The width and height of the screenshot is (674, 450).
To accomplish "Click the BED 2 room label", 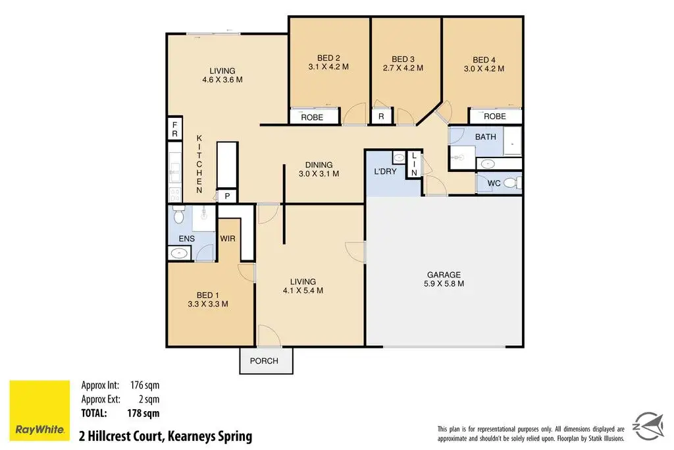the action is pos(328,57).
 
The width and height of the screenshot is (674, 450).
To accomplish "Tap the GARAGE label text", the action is pos(444,275).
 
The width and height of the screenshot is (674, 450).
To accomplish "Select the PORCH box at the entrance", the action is pos(266,360).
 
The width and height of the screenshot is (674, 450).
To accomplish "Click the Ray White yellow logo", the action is pos(39,410).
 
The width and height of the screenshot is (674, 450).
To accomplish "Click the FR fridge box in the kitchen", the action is pos(175,128).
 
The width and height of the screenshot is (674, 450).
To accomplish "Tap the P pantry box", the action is pos(227,196).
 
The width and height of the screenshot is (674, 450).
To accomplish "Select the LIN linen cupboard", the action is pos(414,164).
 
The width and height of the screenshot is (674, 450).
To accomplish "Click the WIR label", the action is pos(227,239).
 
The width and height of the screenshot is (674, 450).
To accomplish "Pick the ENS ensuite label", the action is pos(186,239).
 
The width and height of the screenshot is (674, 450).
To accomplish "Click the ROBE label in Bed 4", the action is pos(495,116).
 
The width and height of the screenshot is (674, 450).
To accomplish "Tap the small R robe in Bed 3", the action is pos(381,117).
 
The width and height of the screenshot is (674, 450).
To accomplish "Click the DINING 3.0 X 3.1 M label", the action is pos(319,169).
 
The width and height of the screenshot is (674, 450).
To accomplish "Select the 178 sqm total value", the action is pos(143,413).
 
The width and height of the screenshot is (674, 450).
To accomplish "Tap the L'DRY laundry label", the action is pos(385,171).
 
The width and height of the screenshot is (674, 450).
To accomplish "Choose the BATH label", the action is pos(485,137).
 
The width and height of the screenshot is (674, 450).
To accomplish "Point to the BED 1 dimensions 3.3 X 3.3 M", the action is pos(207,304).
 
